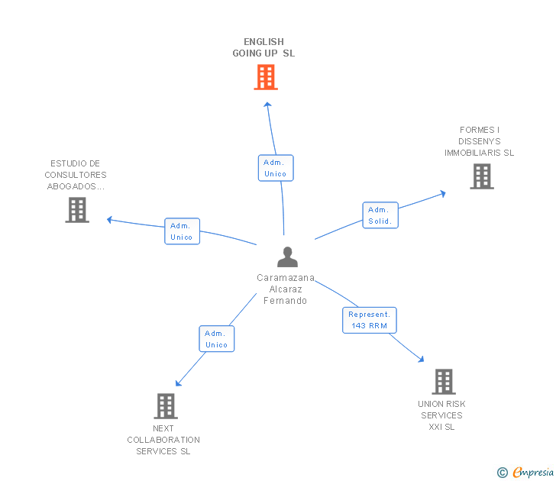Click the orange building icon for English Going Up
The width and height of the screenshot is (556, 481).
pos(266,77)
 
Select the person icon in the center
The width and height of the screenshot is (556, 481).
pos(287,257)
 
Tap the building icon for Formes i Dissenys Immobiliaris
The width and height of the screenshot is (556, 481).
pos(481,176)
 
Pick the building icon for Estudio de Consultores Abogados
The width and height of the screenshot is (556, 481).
pos(77,210)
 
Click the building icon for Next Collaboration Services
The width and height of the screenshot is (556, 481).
pos(166,406)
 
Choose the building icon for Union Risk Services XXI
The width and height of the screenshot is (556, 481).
pos(443,382)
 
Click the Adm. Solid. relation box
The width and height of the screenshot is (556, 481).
pos(380,215)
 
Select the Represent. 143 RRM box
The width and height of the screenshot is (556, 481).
pos(369,320)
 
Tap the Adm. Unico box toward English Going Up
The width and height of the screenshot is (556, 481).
pos(275,168)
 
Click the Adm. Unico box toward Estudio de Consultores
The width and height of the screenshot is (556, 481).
pos(182,231)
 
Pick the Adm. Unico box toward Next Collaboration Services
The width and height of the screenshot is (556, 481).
pos(216,339)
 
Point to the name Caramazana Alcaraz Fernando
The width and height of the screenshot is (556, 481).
pos(286,289)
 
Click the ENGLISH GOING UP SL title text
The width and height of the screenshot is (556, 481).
pos(263,47)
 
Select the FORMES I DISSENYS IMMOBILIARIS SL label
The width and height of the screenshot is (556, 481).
pos(480,141)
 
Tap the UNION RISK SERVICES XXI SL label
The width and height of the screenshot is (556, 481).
pos(441,415)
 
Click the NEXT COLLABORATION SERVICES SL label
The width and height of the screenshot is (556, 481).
pos(163,440)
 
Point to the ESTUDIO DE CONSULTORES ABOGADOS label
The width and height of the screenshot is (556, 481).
pos(76,175)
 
